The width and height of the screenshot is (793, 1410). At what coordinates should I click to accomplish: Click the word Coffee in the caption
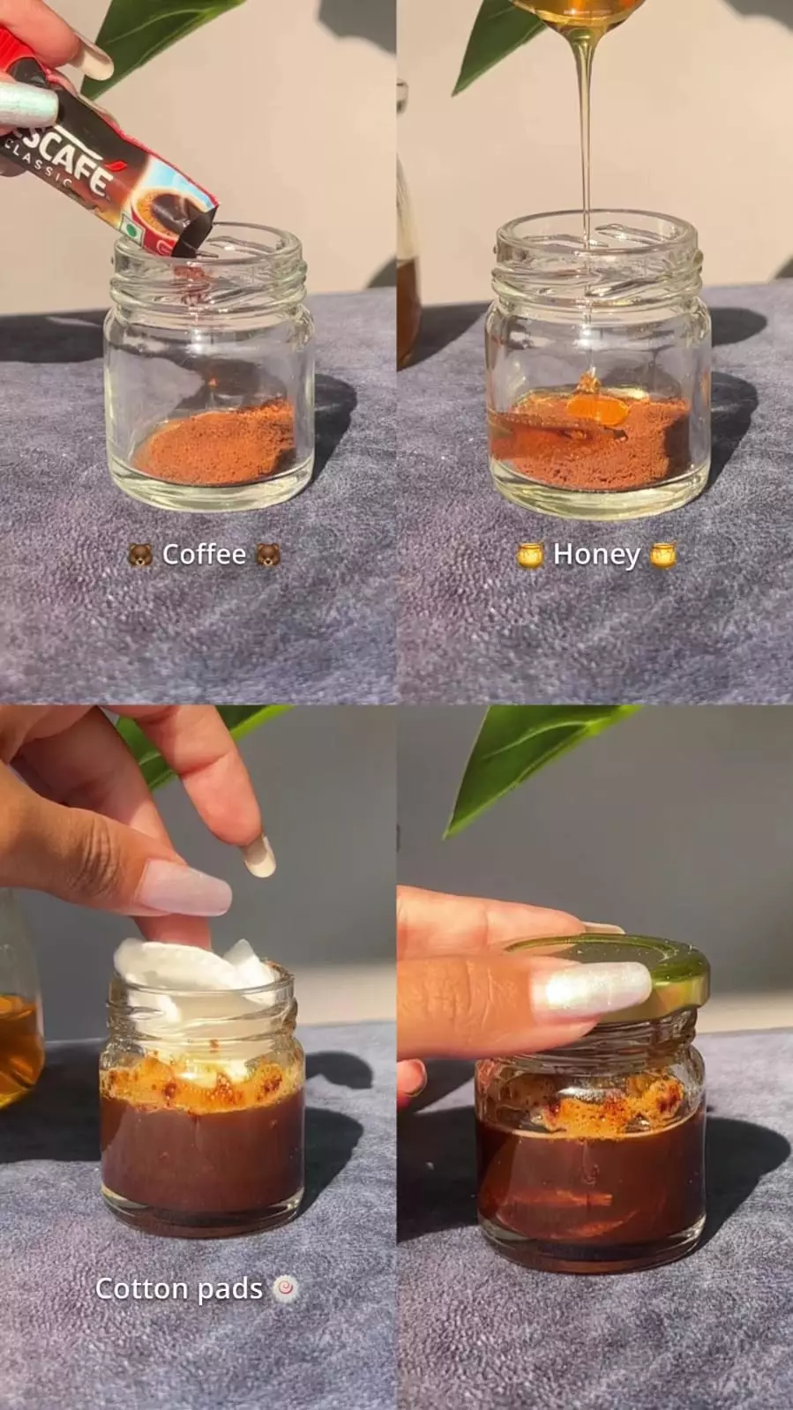coord(204,554)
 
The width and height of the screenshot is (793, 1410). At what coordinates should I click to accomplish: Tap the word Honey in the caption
coord(595,555)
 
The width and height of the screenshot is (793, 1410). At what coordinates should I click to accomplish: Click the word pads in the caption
coord(230,1290)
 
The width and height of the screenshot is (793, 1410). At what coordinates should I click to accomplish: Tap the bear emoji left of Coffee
coord(140,555)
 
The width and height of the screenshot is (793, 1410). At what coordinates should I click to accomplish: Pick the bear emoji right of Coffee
coord(268,555)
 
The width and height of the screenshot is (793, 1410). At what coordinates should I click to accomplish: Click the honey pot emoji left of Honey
coord(530,555)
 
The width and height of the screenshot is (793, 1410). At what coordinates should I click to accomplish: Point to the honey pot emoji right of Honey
coord(662,555)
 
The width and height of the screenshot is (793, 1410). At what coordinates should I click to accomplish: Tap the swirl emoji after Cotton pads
coord(285,1288)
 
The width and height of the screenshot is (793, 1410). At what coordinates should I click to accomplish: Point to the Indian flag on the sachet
coord(131,226)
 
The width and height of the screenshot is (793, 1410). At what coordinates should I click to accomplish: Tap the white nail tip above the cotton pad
coord(259,857)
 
